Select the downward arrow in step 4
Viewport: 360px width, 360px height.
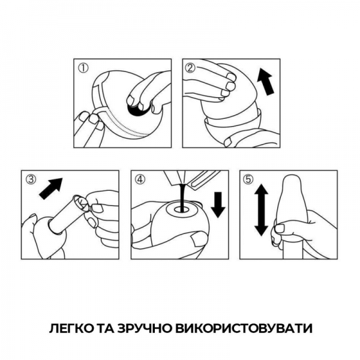(x=218, y=205)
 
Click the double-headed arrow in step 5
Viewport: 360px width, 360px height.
(x=260, y=209)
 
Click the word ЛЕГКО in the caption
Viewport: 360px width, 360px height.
(x=70, y=329)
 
